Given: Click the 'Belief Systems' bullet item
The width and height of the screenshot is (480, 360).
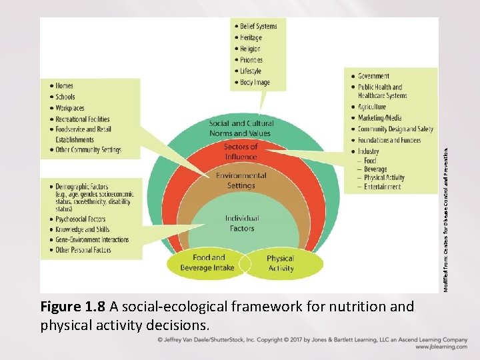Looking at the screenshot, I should click(257, 26).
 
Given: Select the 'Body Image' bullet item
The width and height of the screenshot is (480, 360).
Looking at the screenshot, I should click(255, 83).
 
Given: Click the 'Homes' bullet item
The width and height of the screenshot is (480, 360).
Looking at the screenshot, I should click(65, 86).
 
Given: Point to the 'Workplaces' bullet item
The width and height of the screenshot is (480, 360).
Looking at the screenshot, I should click(69, 108).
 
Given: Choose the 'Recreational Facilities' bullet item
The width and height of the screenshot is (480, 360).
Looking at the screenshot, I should click(83, 119).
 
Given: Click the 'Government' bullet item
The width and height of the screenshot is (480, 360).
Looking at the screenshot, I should click(373, 76).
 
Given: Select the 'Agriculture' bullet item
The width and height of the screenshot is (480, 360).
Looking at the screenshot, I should click(371, 107).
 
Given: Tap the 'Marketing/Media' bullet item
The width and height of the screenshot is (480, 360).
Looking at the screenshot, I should click(379, 118).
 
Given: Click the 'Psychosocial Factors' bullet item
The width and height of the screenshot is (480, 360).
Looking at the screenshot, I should click(81, 219).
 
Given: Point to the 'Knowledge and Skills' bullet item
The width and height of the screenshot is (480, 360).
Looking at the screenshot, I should click(83, 229).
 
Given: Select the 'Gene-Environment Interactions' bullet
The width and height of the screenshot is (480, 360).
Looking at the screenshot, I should click(92, 240).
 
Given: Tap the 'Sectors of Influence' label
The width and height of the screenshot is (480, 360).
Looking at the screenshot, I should click(241, 152).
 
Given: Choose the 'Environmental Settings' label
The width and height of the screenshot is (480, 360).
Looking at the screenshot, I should click(241, 181).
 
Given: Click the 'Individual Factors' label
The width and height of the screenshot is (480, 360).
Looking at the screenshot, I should click(241, 223).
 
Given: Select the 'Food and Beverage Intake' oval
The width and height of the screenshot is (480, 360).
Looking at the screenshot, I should click(209, 263).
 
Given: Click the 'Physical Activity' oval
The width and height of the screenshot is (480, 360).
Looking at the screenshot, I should click(280, 263).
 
